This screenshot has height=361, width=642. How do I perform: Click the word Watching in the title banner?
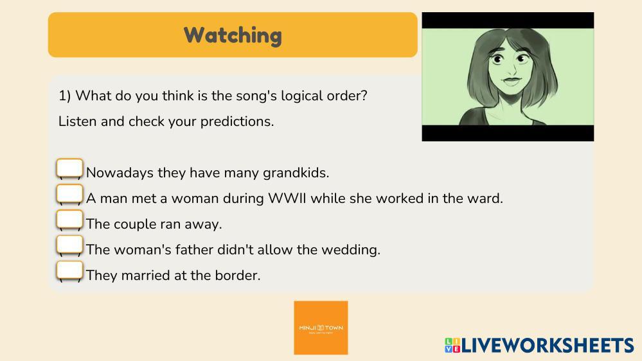tap(233, 35)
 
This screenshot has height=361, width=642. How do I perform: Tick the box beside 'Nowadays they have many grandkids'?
tap(69, 168)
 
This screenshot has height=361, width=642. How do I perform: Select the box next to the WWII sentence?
tap(69, 193)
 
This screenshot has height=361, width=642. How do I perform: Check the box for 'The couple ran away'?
tap(69, 220)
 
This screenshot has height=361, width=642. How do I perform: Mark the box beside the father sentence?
tap(69, 245)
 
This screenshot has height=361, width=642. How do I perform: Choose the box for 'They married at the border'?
tap(69, 270)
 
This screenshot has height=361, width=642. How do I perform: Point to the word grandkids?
tap(296, 173)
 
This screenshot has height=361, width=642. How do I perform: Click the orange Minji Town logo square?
tap(321, 328)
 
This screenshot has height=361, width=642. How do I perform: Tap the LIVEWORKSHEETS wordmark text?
tap(548, 346)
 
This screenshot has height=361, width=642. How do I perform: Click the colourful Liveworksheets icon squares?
tap(452, 345)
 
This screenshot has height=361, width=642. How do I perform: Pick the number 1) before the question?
tap(65, 96)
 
